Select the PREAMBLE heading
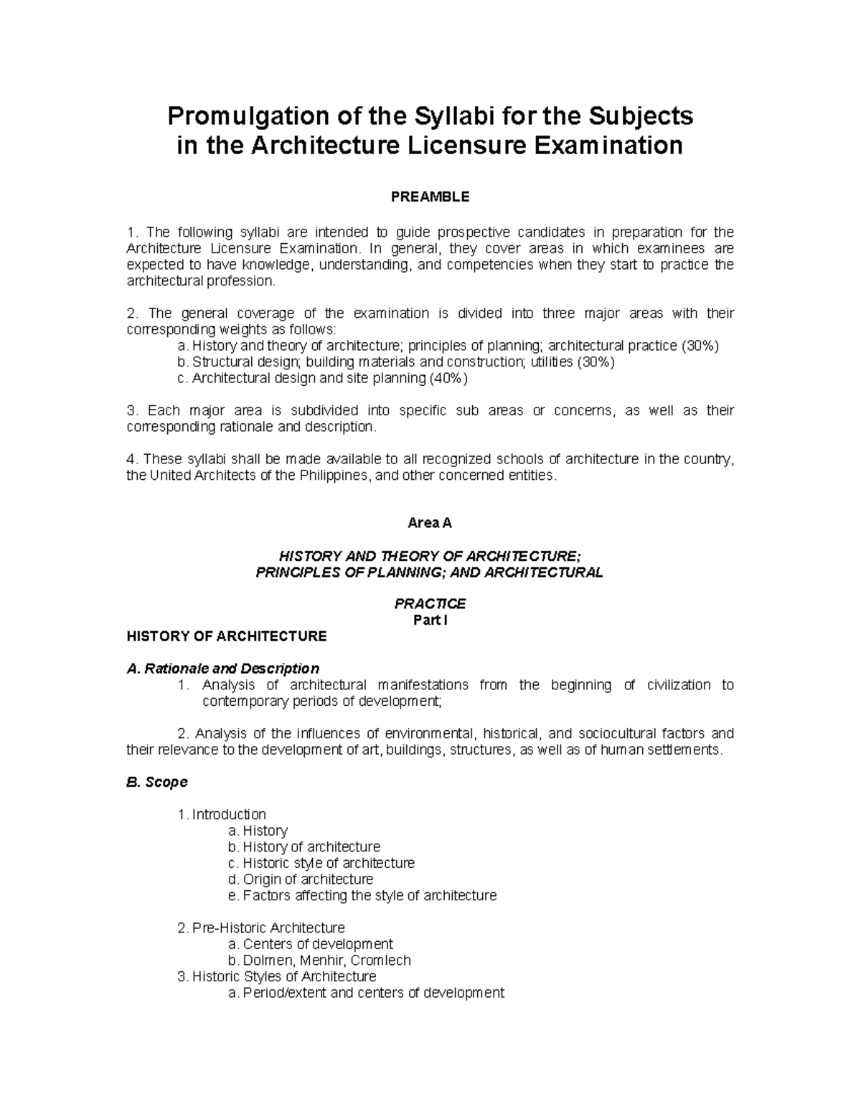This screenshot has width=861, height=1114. click(x=430, y=197)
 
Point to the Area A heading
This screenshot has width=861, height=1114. click(x=430, y=523)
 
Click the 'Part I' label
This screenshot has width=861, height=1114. click(x=430, y=620)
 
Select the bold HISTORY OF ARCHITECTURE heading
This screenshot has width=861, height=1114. click(x=226, y=636)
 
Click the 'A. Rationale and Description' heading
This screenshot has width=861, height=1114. click(x=222, y=669)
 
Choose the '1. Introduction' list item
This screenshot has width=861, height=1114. click(x=222, y=814)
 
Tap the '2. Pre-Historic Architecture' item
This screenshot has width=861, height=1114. click(x=261, y=928)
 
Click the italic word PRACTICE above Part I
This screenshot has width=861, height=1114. click(x=430, y=604)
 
